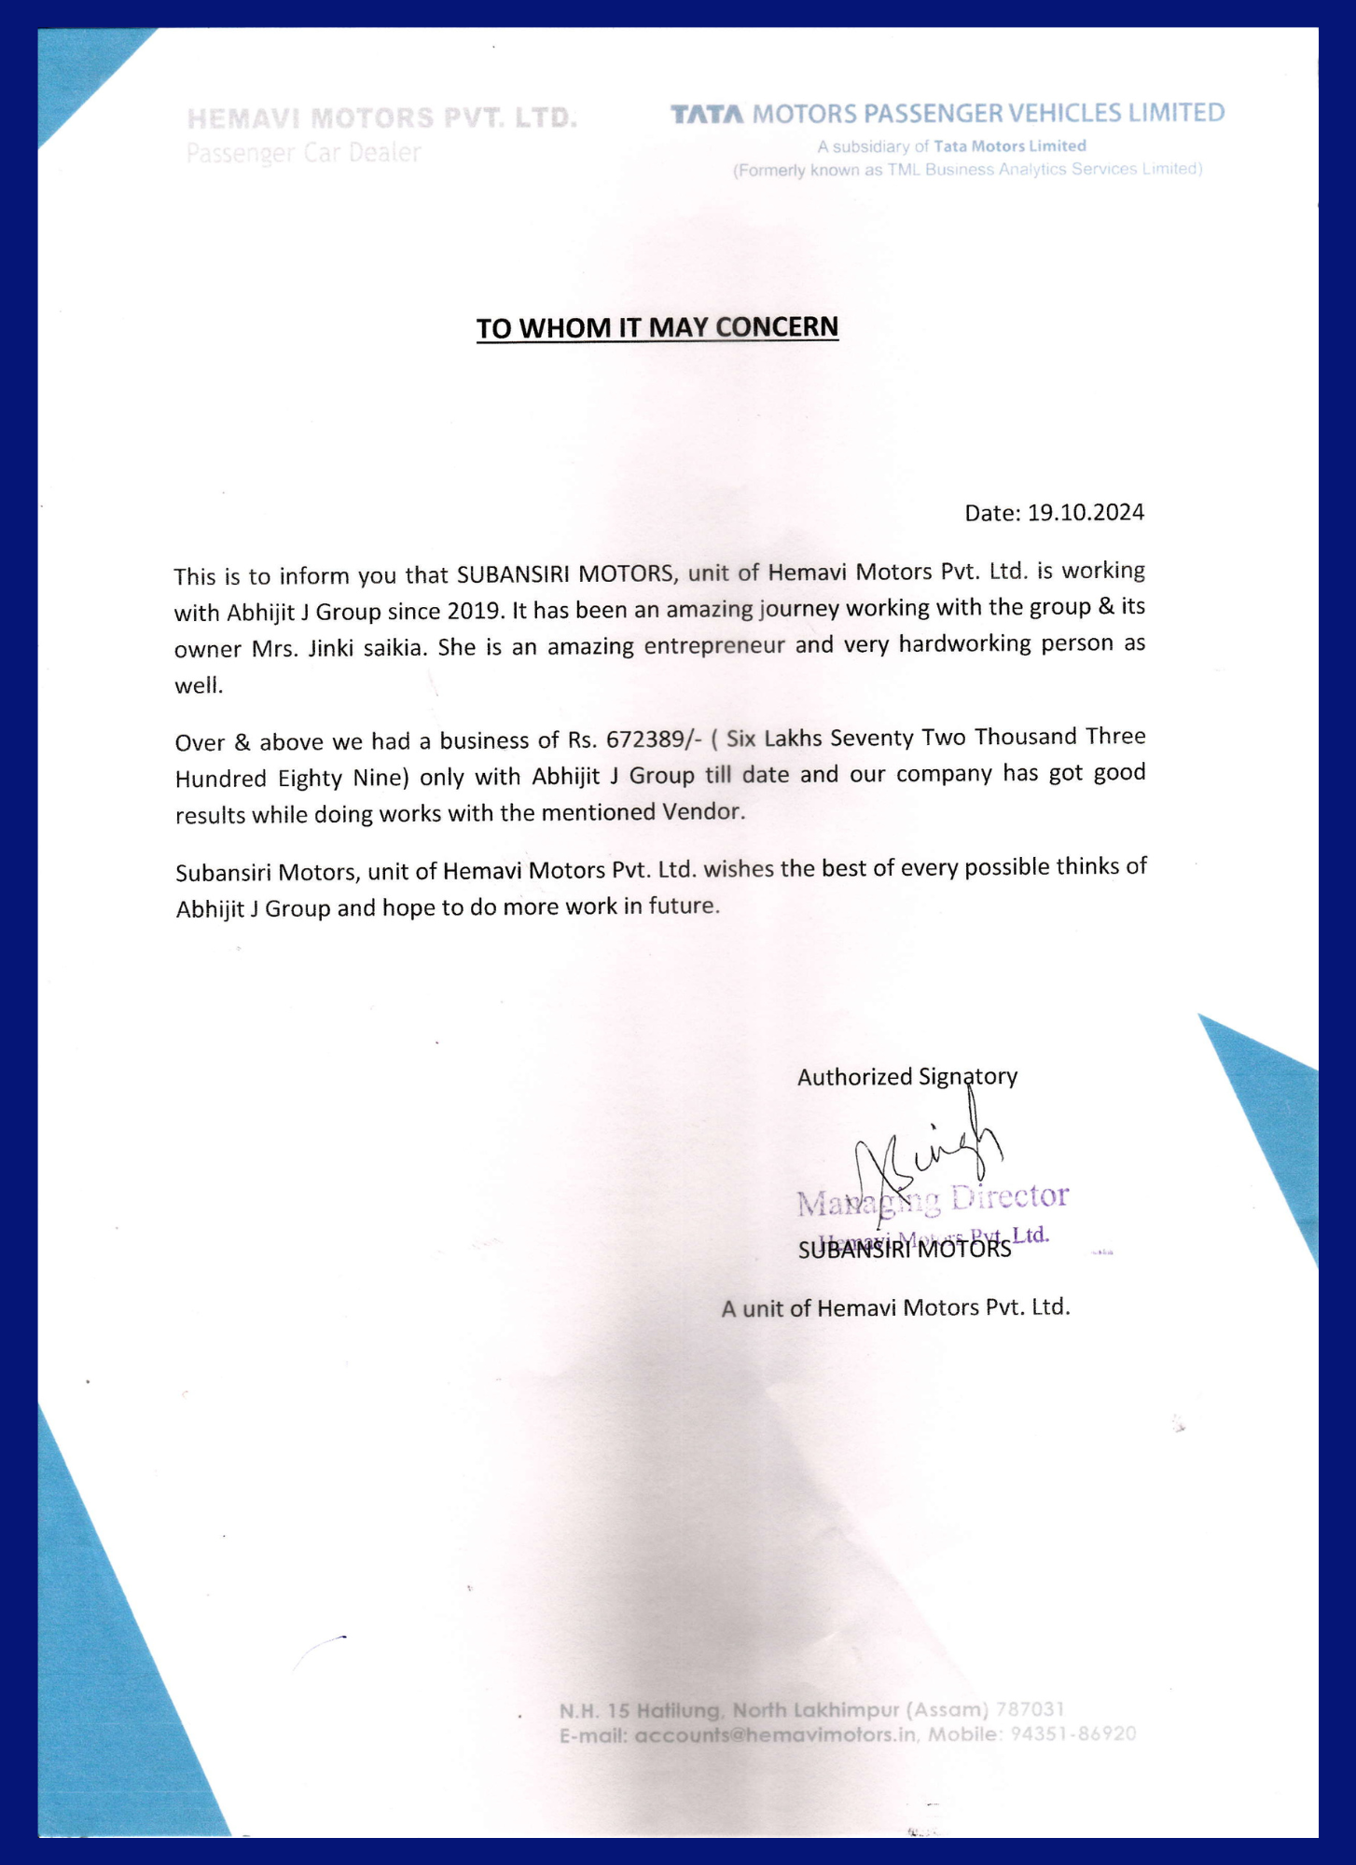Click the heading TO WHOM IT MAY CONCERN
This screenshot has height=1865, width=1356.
pos(657,327)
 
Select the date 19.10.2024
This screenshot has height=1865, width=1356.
pos(1086,513)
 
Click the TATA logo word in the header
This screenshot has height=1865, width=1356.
pos(708,115)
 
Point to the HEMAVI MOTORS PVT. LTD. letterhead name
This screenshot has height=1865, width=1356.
pos(381,118)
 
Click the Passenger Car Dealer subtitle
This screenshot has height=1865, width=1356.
pos(303,152)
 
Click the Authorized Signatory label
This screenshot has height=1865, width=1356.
pos(906,1076)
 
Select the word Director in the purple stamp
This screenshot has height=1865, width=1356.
pos(1008,1195)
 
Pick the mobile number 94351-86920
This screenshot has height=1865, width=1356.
pos(1073,1734)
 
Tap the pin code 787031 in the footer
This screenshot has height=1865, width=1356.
pos(1030,1709)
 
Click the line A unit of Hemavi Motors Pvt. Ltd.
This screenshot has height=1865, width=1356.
pos(895,1307)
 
